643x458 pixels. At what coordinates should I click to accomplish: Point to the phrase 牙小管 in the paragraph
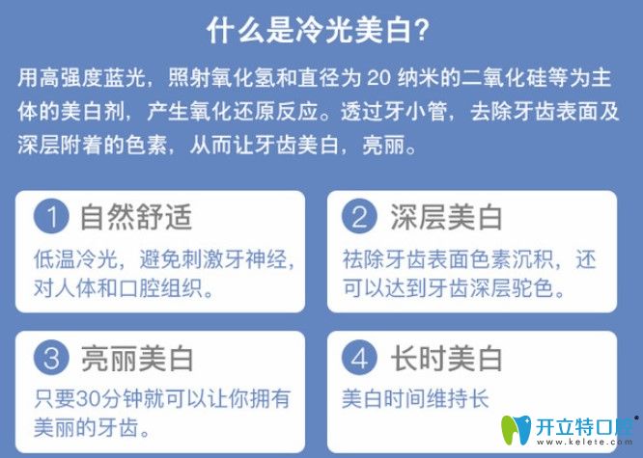point(418,114)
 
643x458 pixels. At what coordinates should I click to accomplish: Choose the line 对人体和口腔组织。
point(123,287)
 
